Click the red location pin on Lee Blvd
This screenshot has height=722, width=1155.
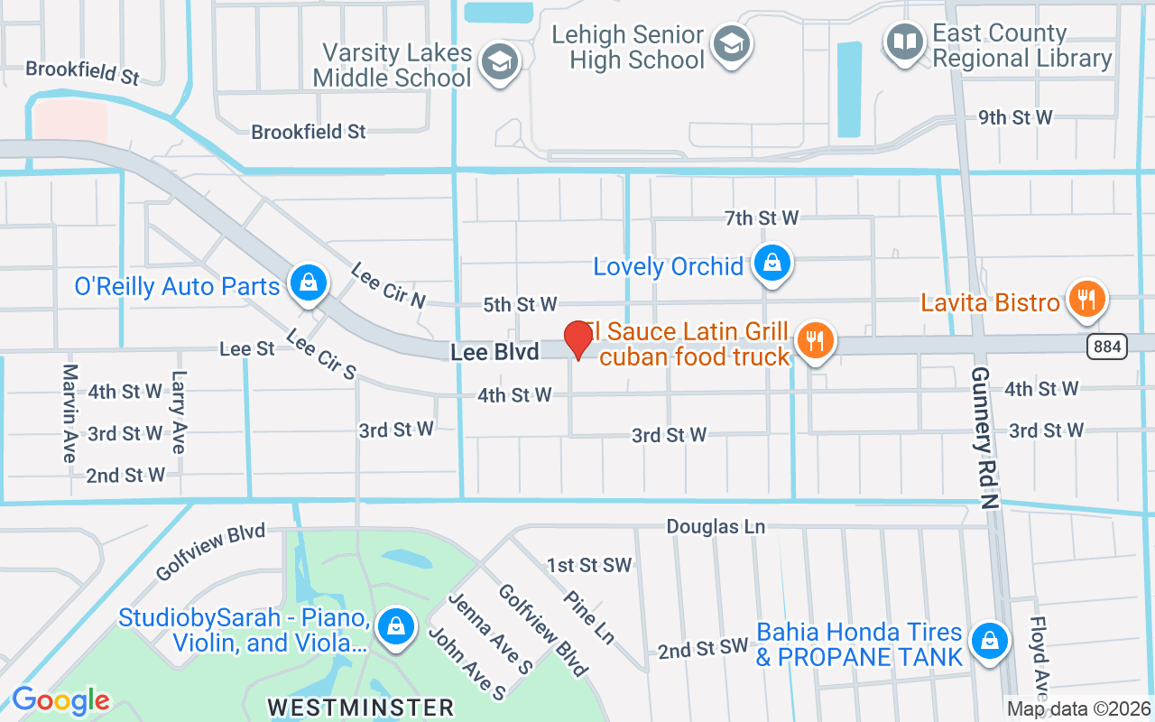tap(577, 339)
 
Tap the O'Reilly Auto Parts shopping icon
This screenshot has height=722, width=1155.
tap(309, 282)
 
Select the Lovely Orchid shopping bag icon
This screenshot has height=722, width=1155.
tap(772, 263)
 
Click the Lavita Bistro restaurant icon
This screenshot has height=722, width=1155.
tap(1087, 298)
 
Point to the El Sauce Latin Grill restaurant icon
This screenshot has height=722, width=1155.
tap(816, 340)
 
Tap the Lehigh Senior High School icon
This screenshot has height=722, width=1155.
tap(731, 42)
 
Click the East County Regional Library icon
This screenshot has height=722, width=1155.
tap(903, 41)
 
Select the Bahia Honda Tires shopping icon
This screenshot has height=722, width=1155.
tap(989, 640)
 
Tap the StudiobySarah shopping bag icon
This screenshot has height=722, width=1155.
tap(394, 625)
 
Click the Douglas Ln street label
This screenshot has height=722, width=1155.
tap(715, 526)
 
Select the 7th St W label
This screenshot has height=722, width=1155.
tap(762, 218)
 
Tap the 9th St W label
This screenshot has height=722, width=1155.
tap(1016, 117)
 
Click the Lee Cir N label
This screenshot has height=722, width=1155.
tap(388, 285)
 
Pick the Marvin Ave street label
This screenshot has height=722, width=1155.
tap(70, 413)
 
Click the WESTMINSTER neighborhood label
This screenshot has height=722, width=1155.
tap(361, 705)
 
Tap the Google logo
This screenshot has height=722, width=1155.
tap(61, 700)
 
